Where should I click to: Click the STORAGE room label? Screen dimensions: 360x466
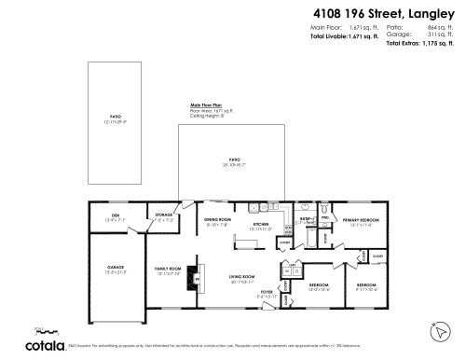click(x=164, y=215)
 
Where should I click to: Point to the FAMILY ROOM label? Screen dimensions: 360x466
click(x=167, y=270)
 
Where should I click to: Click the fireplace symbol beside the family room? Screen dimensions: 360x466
click(x=196, y=277)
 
